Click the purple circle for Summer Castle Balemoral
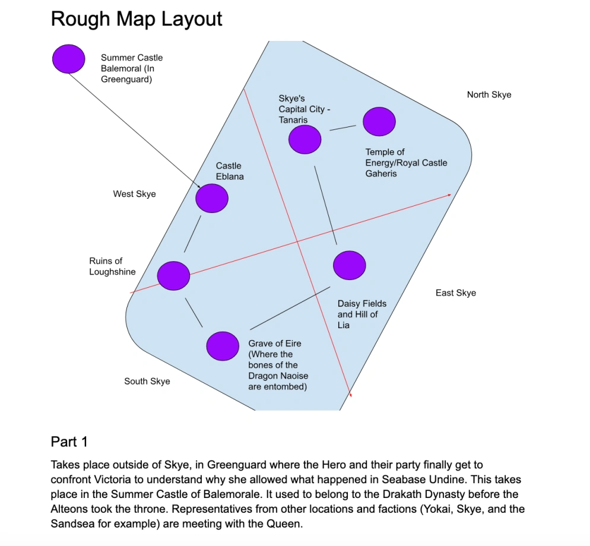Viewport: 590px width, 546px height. [69, 58]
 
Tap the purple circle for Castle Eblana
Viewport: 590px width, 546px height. [212, 198]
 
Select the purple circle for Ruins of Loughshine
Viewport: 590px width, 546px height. [173, 275]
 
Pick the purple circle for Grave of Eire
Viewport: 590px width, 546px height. [223, 345]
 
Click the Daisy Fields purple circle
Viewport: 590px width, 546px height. [350, 265]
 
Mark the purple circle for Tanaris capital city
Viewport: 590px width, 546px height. [304, 139]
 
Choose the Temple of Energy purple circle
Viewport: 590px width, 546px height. [379, 121]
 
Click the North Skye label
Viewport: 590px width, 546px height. [489, 95]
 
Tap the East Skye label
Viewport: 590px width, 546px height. [455, 293]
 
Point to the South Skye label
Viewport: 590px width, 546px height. [147, 381]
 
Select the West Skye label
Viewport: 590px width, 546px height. [134, 194]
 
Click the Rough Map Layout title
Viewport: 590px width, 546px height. [137, 19]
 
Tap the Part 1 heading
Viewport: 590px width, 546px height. [69, 442]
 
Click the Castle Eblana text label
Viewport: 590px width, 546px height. [229, 171]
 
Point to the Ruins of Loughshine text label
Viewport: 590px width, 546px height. [112, 266]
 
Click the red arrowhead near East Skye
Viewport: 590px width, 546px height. [449, 195]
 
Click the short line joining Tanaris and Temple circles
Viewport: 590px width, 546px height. [342, 128]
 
